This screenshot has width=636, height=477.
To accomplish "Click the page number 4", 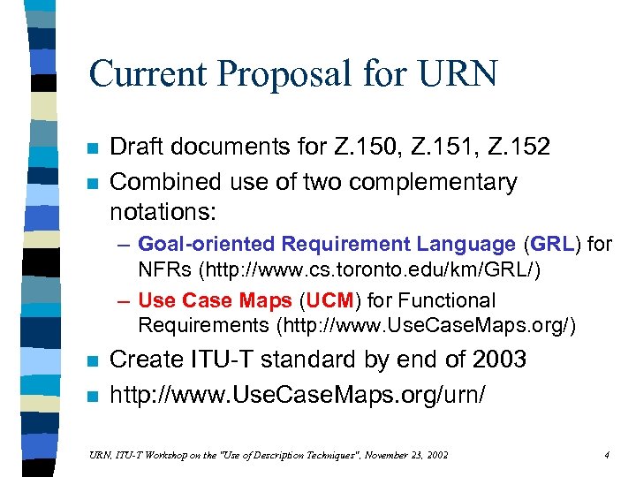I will [x=607, y=454].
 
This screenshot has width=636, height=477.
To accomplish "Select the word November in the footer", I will [x=364, y=454].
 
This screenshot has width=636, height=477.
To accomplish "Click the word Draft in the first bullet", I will [x=135, y=148].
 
